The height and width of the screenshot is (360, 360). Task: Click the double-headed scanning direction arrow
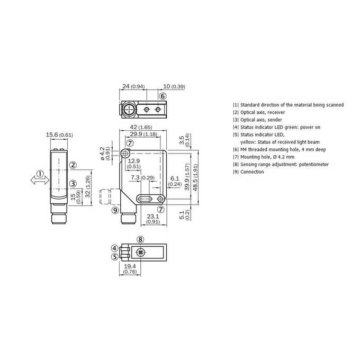pyautogui.click(x=40, y=180)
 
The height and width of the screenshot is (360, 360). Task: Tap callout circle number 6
pyautogui.click(x=163, y=96)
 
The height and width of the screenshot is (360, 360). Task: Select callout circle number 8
pyautogui.click(x=140, y=239)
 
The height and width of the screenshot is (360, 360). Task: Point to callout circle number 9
pyautogui.click(x=115, y=210)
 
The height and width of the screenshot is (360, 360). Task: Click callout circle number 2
pyautogui.click(x=73, y=165)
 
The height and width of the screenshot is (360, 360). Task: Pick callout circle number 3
pyautogui.click(x=73, y=184)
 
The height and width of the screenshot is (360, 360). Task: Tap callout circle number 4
pyautogui.click(x=115, y=248)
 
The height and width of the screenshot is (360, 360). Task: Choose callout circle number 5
pyautogui.click(x=115, y=257)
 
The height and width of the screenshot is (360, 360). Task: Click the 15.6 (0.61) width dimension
pyautogui.click(x=59, y=135)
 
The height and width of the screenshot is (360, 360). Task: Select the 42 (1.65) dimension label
pyautogui.click(x=141, y=127)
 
